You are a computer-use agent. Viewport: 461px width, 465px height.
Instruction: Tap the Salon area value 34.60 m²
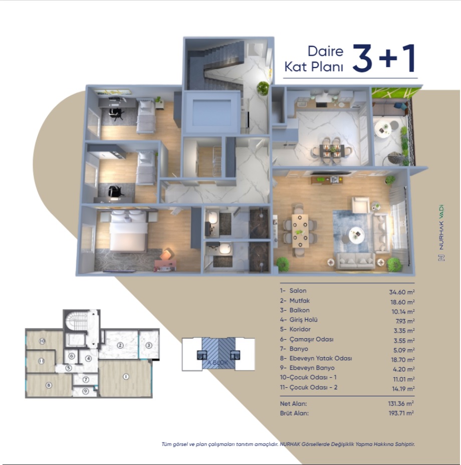(x=402, y=292)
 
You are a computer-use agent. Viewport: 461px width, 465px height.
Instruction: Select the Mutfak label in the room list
(x=299, y=301)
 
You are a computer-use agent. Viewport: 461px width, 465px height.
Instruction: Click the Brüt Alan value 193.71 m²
(x=401, y=413)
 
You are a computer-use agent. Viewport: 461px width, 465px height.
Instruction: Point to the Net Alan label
(x=294, y=403)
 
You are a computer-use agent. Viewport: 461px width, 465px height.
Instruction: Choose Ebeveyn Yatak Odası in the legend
(x=321, y=358)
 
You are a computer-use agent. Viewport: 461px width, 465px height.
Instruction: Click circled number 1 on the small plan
(x=125, y=377)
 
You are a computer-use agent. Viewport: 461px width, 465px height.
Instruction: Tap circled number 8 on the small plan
(x=49, y=385)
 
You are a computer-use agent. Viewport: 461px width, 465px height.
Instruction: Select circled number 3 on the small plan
(x=149, y=345)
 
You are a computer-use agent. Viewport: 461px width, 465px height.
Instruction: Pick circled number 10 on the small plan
(x=42, y=341)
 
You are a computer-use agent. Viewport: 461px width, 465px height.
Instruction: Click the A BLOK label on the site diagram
(x=218, y=363)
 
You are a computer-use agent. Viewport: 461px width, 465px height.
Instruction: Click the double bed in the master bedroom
(x=129, y=231)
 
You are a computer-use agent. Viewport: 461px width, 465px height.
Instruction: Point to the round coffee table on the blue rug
(x=356, y=235)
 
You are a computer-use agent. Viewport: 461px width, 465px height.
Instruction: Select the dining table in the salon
(x=300, y=230)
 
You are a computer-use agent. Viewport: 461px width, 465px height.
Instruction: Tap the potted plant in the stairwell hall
(x=263, y=88)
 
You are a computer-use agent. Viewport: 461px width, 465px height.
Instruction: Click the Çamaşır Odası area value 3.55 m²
(x=404, y=341)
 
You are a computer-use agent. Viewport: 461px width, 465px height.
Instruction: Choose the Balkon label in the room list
(x=299, y=310)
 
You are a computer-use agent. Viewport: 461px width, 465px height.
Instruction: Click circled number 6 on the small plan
(x=72, y=356)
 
